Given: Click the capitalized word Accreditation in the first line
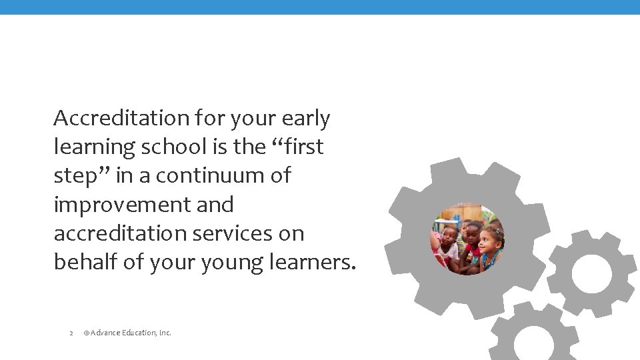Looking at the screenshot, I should (x=121, y=118).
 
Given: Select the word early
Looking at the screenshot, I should (x=306, y=119).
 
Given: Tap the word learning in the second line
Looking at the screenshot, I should (x=94, y=147).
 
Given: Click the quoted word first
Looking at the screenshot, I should (x=300, y=147).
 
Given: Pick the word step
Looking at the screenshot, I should (x=76, y=176).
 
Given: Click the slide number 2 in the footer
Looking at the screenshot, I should (x=71, y=333).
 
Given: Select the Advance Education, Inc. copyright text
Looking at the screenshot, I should (x=127, y=332).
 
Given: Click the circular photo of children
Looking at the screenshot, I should (x=467, y=239).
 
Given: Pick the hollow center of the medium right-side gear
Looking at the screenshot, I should (x=591, y=273).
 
